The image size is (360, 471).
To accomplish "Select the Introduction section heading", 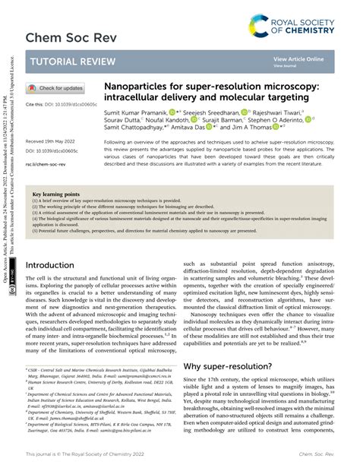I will tap(58, 266).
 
